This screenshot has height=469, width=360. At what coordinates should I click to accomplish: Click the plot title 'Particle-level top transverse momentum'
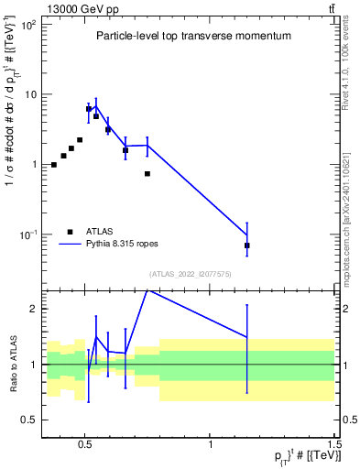point(193,36)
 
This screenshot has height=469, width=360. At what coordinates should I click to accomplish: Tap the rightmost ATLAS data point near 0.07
point(247,245)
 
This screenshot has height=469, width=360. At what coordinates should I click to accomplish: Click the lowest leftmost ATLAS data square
point(54,165)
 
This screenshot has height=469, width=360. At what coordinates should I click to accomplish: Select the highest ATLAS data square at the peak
point(89,108)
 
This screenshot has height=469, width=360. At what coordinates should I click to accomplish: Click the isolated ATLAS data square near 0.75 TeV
point(147,173)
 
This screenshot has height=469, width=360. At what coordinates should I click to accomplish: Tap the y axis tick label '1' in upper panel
point(32,165)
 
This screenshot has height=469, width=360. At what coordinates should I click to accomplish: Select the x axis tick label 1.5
point(334,441)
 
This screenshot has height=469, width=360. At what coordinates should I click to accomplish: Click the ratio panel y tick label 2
point(32,310)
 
